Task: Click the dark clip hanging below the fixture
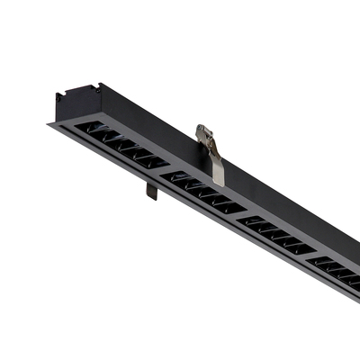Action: coord(151,190)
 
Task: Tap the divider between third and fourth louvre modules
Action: coord(310,257)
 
